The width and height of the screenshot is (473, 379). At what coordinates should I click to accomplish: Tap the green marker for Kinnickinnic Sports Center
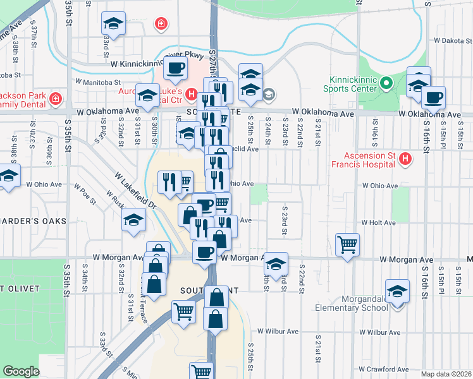tap(385, 83)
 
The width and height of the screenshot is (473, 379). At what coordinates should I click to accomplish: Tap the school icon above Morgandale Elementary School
tap(397, 291)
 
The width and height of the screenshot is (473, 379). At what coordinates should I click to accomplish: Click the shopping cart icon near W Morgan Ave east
tap(348, 244)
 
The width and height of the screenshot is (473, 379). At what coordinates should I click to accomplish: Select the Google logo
tap(21, 371)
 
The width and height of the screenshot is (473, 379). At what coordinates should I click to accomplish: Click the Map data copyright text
tap(446, 374)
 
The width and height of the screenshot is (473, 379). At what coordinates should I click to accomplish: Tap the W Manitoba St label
tap(97, 82)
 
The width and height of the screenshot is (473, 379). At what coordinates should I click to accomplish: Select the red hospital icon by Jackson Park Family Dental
tap(56, 99)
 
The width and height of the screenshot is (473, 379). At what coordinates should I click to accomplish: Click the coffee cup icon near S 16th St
tap(433, 97)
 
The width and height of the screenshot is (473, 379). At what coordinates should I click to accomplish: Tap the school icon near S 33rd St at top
tap(113, 24)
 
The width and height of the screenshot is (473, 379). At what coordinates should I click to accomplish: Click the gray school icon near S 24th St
tap(268, 95)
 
